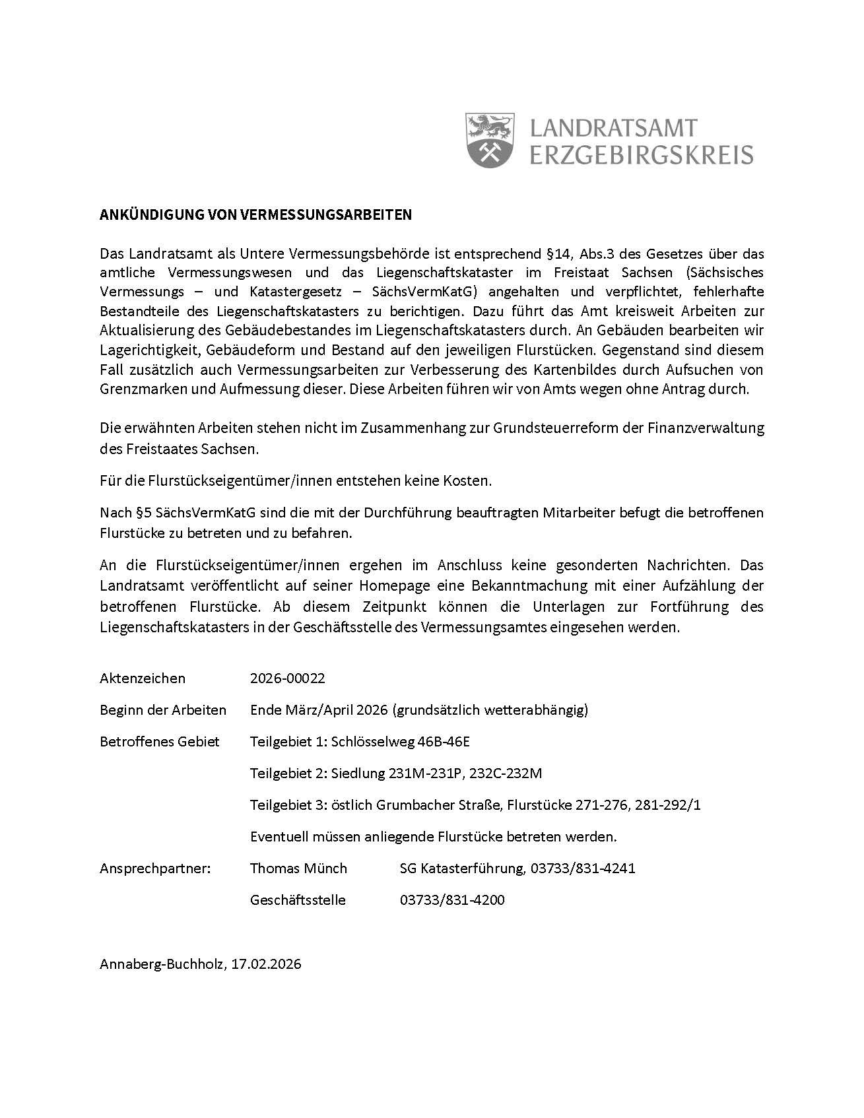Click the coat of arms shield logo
(490, 139)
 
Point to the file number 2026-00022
(288, 678)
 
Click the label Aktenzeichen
(143, 678)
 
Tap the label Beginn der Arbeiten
(163, 709)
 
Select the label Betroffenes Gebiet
(160, 741)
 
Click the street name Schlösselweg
(373, 741)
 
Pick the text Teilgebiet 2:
(288, 773)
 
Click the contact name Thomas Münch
(298, 868)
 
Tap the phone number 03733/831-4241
(583, 868)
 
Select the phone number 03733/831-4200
(452, 900)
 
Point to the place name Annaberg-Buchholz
(162, 964)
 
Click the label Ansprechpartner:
(155, 868)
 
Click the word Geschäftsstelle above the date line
(298, 900)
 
